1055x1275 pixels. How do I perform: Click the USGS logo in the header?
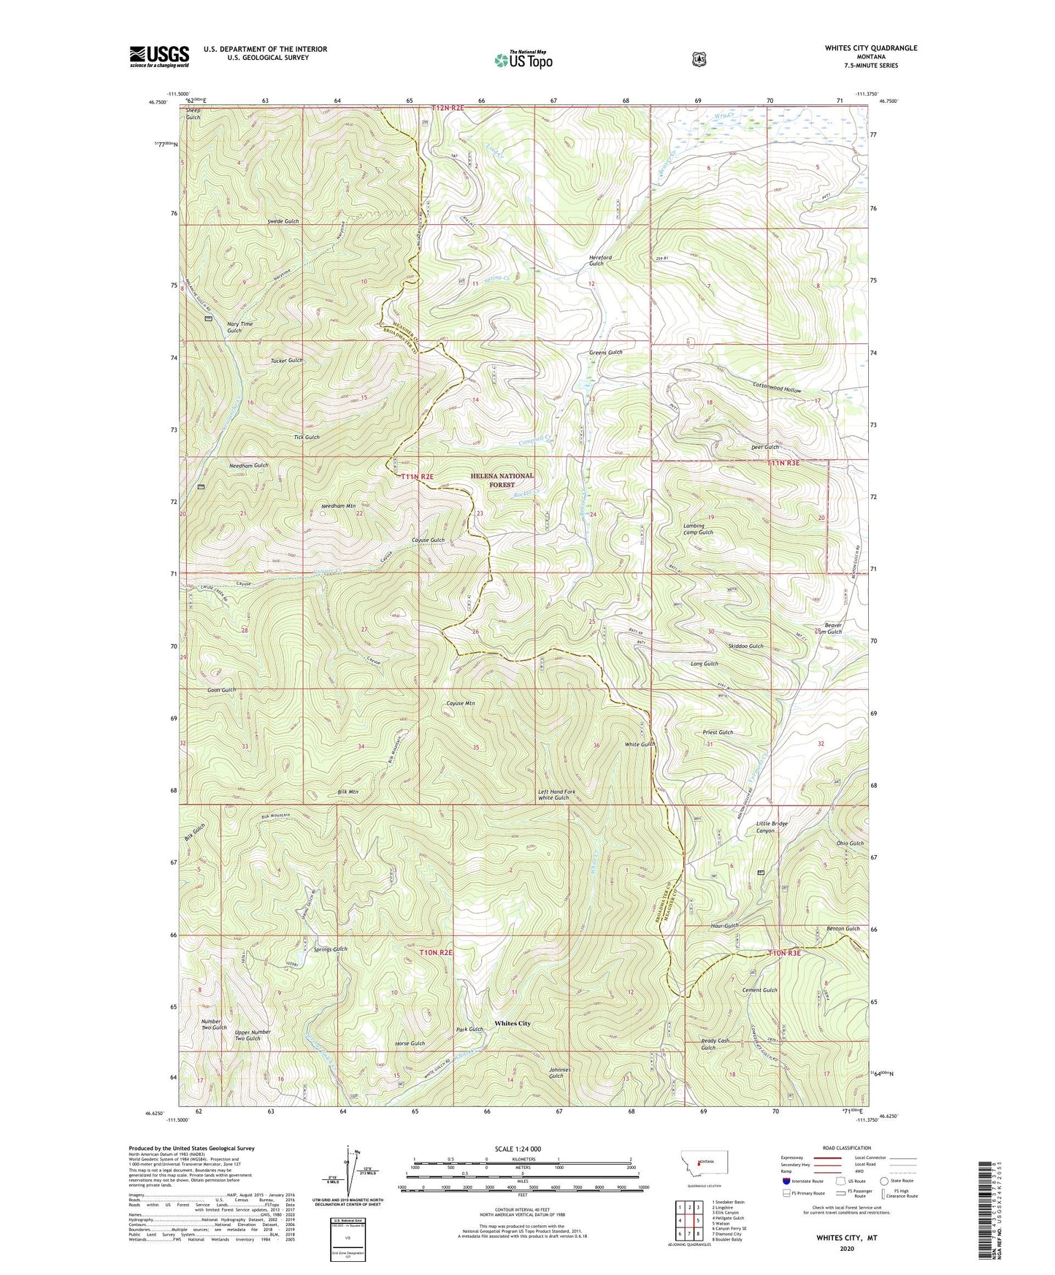point(159,56)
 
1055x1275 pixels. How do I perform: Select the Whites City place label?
point(513,1023)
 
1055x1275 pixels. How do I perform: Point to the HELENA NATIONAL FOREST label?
point(502,480)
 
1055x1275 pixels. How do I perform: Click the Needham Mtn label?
point(338,506)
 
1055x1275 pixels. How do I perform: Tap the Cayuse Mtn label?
point(461,703)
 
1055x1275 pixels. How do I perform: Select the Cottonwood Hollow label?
point(777,389)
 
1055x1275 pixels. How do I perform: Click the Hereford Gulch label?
point(600,260)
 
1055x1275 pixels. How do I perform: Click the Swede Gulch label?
point(283,221)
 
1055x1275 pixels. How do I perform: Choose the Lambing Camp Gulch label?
point(698,529)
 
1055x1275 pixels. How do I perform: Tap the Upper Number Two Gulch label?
point(253,1035)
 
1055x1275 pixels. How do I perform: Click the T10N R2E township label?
point(436,952)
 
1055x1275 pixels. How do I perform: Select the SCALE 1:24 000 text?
point(518,1149)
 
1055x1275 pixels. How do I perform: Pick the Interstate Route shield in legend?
point(786,1181)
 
